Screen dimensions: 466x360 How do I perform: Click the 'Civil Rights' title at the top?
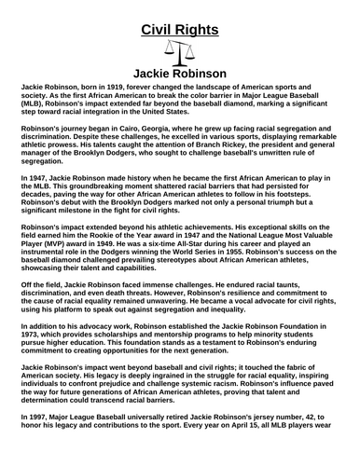click(180, 30)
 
